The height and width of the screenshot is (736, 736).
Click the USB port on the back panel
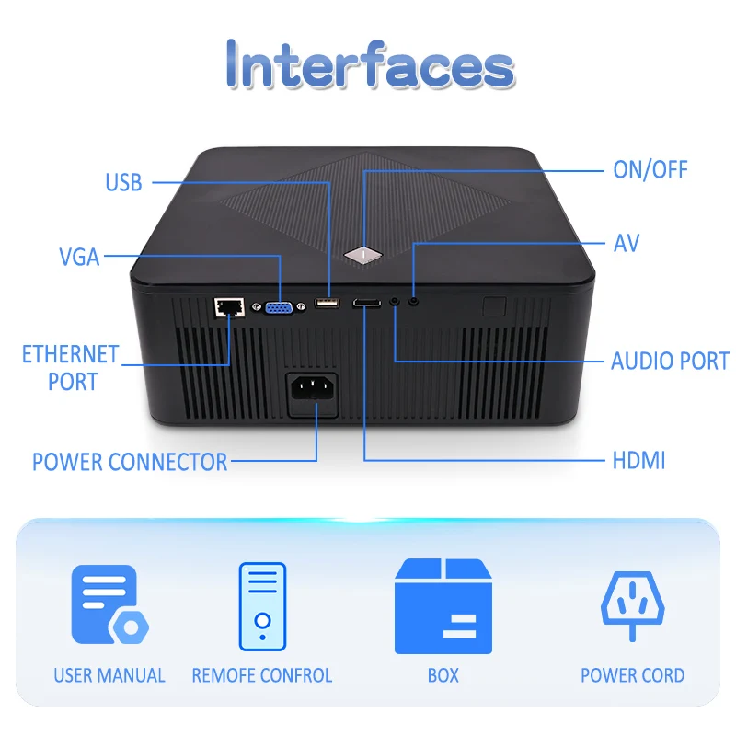pos(327,304)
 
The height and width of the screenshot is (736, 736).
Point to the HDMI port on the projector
pos(366,303)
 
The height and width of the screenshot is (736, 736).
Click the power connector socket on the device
pos(312,395)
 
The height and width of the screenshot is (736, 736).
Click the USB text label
pos(124,182)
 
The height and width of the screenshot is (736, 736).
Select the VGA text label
pos(79,257)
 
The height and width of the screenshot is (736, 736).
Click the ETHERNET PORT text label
pos(71,367)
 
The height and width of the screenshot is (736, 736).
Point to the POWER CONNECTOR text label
pos(130,462)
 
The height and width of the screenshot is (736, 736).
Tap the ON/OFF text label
pos(650,170)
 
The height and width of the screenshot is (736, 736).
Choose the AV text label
pos(626,244)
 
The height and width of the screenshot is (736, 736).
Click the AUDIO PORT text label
pos(670,361)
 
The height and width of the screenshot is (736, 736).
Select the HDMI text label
pos(638,460)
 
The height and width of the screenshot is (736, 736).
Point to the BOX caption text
pos(443,675)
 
